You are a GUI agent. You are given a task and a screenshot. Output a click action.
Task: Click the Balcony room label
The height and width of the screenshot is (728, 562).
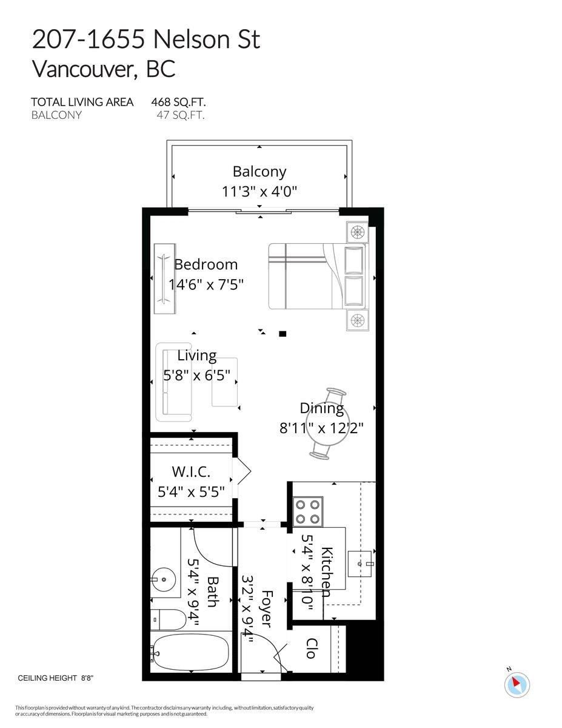259,172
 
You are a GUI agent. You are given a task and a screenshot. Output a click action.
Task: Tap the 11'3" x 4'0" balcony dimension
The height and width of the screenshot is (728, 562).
259,192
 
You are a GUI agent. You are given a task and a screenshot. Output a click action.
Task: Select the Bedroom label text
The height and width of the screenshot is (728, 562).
206,265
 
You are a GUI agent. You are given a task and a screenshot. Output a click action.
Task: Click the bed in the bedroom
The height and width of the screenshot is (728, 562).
303,277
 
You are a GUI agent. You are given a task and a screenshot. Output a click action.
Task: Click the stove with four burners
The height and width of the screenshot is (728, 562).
307,511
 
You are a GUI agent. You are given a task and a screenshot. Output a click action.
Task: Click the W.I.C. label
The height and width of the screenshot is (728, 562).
191,471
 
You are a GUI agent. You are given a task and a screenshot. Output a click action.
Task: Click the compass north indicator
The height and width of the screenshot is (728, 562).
517,684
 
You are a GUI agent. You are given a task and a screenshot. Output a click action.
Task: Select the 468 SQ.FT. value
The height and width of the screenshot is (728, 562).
182,102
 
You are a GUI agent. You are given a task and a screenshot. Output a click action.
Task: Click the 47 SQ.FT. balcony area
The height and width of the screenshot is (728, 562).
180,115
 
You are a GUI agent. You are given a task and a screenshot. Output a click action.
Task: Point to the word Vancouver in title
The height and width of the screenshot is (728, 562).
84,69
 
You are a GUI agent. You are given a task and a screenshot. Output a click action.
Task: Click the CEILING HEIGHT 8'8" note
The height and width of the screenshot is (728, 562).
56,678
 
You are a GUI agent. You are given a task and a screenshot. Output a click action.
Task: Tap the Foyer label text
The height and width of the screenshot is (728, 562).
267,609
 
